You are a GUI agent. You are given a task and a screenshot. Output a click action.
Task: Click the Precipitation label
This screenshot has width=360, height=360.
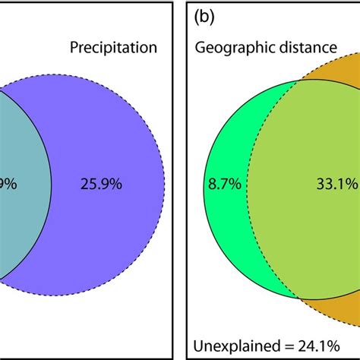pyautogui.click(x=113, y=47)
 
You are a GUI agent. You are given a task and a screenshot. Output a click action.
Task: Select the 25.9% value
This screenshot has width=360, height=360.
pyautogui.click(x=98, y=183)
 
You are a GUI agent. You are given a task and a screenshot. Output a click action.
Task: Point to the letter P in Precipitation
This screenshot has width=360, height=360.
pyautogui.click(x=74, y=47)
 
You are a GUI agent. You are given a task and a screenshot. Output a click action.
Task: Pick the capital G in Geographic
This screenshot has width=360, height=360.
pyautogui.click(x=200, y=47)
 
